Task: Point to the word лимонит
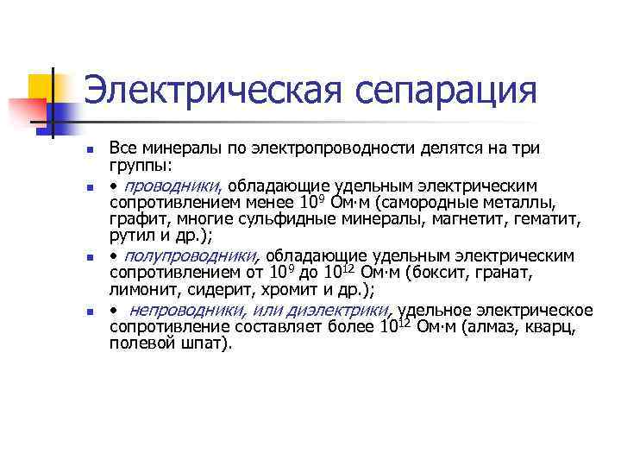[140, 289]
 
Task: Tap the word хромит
[285, 289]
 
